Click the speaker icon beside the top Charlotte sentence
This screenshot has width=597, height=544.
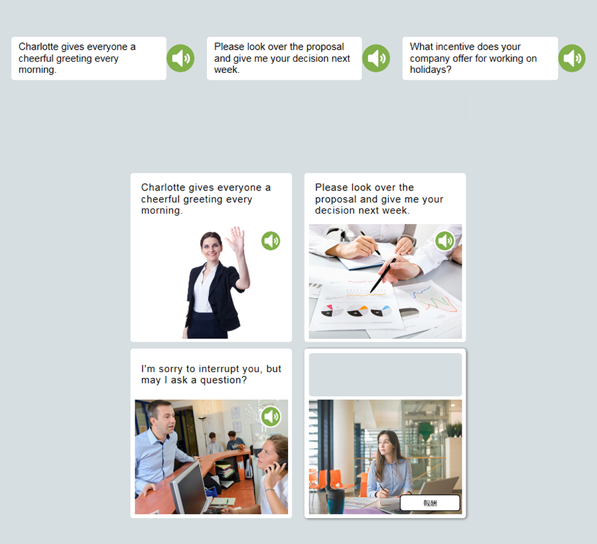click(180, 58)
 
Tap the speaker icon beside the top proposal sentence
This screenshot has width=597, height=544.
click(376, 58)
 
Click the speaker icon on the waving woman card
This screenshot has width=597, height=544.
click(271, 241)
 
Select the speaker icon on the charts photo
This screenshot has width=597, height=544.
click(444, 241)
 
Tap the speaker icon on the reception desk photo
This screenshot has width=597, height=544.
click(271, 416)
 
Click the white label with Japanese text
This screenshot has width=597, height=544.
click(431, 503)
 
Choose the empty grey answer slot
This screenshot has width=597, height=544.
click(385, 375)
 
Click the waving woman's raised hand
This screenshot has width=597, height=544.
click(236, 238)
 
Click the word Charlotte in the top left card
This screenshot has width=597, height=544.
click(38, 46)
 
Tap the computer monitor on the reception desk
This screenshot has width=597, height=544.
click(188, 488)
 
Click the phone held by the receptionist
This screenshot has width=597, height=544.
click(280, 465)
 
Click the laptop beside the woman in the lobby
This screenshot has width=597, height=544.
click(438, 491)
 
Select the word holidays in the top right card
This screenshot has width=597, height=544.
click(431, 70)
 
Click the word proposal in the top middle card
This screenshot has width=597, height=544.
click(325, 46)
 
